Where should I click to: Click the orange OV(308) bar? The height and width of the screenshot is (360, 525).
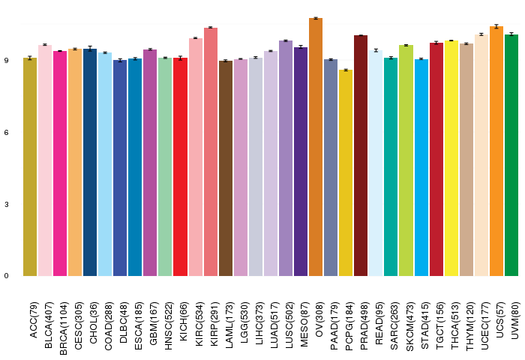coord(316,147)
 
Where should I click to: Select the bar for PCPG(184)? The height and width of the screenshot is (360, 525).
coord(346,173)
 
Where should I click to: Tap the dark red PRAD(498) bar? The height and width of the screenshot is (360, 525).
coord(361,156)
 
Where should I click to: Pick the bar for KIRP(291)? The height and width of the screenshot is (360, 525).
coord(211,151)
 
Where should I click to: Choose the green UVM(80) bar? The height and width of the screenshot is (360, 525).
coord(511,155)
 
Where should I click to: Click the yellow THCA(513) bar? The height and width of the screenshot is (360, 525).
coord(451,158)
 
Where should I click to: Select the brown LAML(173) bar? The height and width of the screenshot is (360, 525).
coord(226,169)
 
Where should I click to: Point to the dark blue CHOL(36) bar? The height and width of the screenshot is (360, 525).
coord(90,163)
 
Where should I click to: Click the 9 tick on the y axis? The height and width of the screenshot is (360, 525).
coord(6,61)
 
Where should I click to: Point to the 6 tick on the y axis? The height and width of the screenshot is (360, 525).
coord(6,133)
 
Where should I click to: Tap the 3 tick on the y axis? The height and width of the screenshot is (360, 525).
coord(6,204)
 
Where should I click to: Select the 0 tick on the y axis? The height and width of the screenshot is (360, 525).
coord(6,276)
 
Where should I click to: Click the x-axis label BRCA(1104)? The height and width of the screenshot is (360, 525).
coord(63,328)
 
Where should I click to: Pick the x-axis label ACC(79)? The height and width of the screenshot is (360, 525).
coord(34,320)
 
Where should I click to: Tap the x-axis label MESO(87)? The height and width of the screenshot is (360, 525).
coord(304,324)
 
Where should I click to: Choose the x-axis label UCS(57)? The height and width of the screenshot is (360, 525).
coord(500,319)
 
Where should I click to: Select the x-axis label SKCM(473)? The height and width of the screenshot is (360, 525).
coord(409,326)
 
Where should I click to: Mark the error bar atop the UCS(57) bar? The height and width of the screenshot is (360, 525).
coord(496,26)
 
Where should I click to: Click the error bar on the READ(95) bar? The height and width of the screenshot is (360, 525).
coord(376,50)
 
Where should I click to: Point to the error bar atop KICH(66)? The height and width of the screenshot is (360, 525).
coord(180,58)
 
